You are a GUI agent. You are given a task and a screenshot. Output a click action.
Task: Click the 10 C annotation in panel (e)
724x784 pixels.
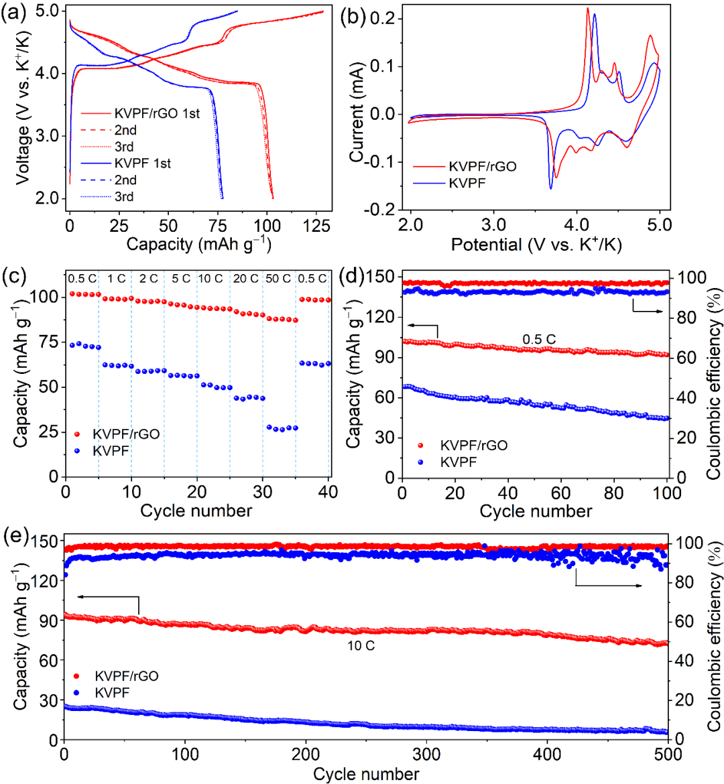coord(361,647)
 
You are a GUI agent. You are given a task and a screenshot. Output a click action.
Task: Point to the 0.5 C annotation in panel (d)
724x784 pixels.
coord(539,340)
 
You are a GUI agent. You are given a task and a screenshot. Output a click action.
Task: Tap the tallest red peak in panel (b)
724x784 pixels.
coord(588,9)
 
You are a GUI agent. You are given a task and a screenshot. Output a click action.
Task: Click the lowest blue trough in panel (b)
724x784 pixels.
coord(551,188)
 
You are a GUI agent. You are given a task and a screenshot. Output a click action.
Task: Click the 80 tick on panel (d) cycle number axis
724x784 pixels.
coord(615,493)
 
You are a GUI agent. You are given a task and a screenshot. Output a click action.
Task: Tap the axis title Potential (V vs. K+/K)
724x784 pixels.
coord(536,245)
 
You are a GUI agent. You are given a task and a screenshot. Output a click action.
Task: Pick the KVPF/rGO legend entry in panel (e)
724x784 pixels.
coord(127,676)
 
